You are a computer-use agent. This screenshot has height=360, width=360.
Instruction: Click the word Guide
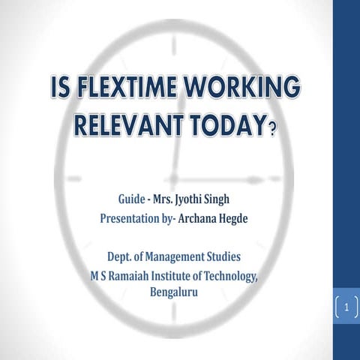133,201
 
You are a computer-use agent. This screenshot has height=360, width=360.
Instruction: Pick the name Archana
203,220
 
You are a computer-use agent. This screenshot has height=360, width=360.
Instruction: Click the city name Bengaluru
175,292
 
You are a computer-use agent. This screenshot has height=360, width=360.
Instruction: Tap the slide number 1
346,307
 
